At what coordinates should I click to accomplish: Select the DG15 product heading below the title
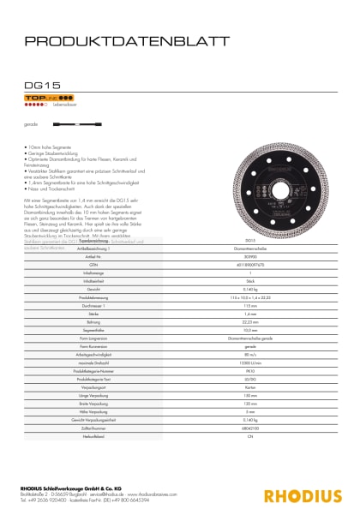(38, 85)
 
